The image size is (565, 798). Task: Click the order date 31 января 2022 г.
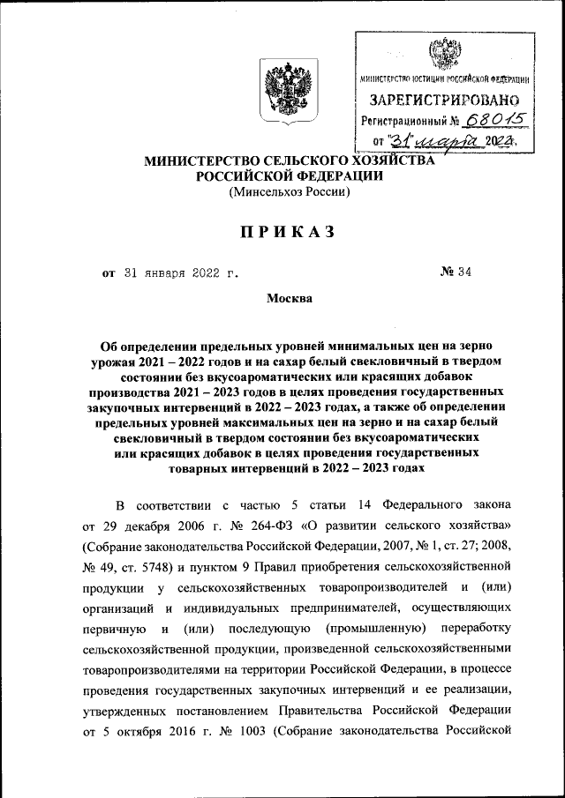coord(180,272)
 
